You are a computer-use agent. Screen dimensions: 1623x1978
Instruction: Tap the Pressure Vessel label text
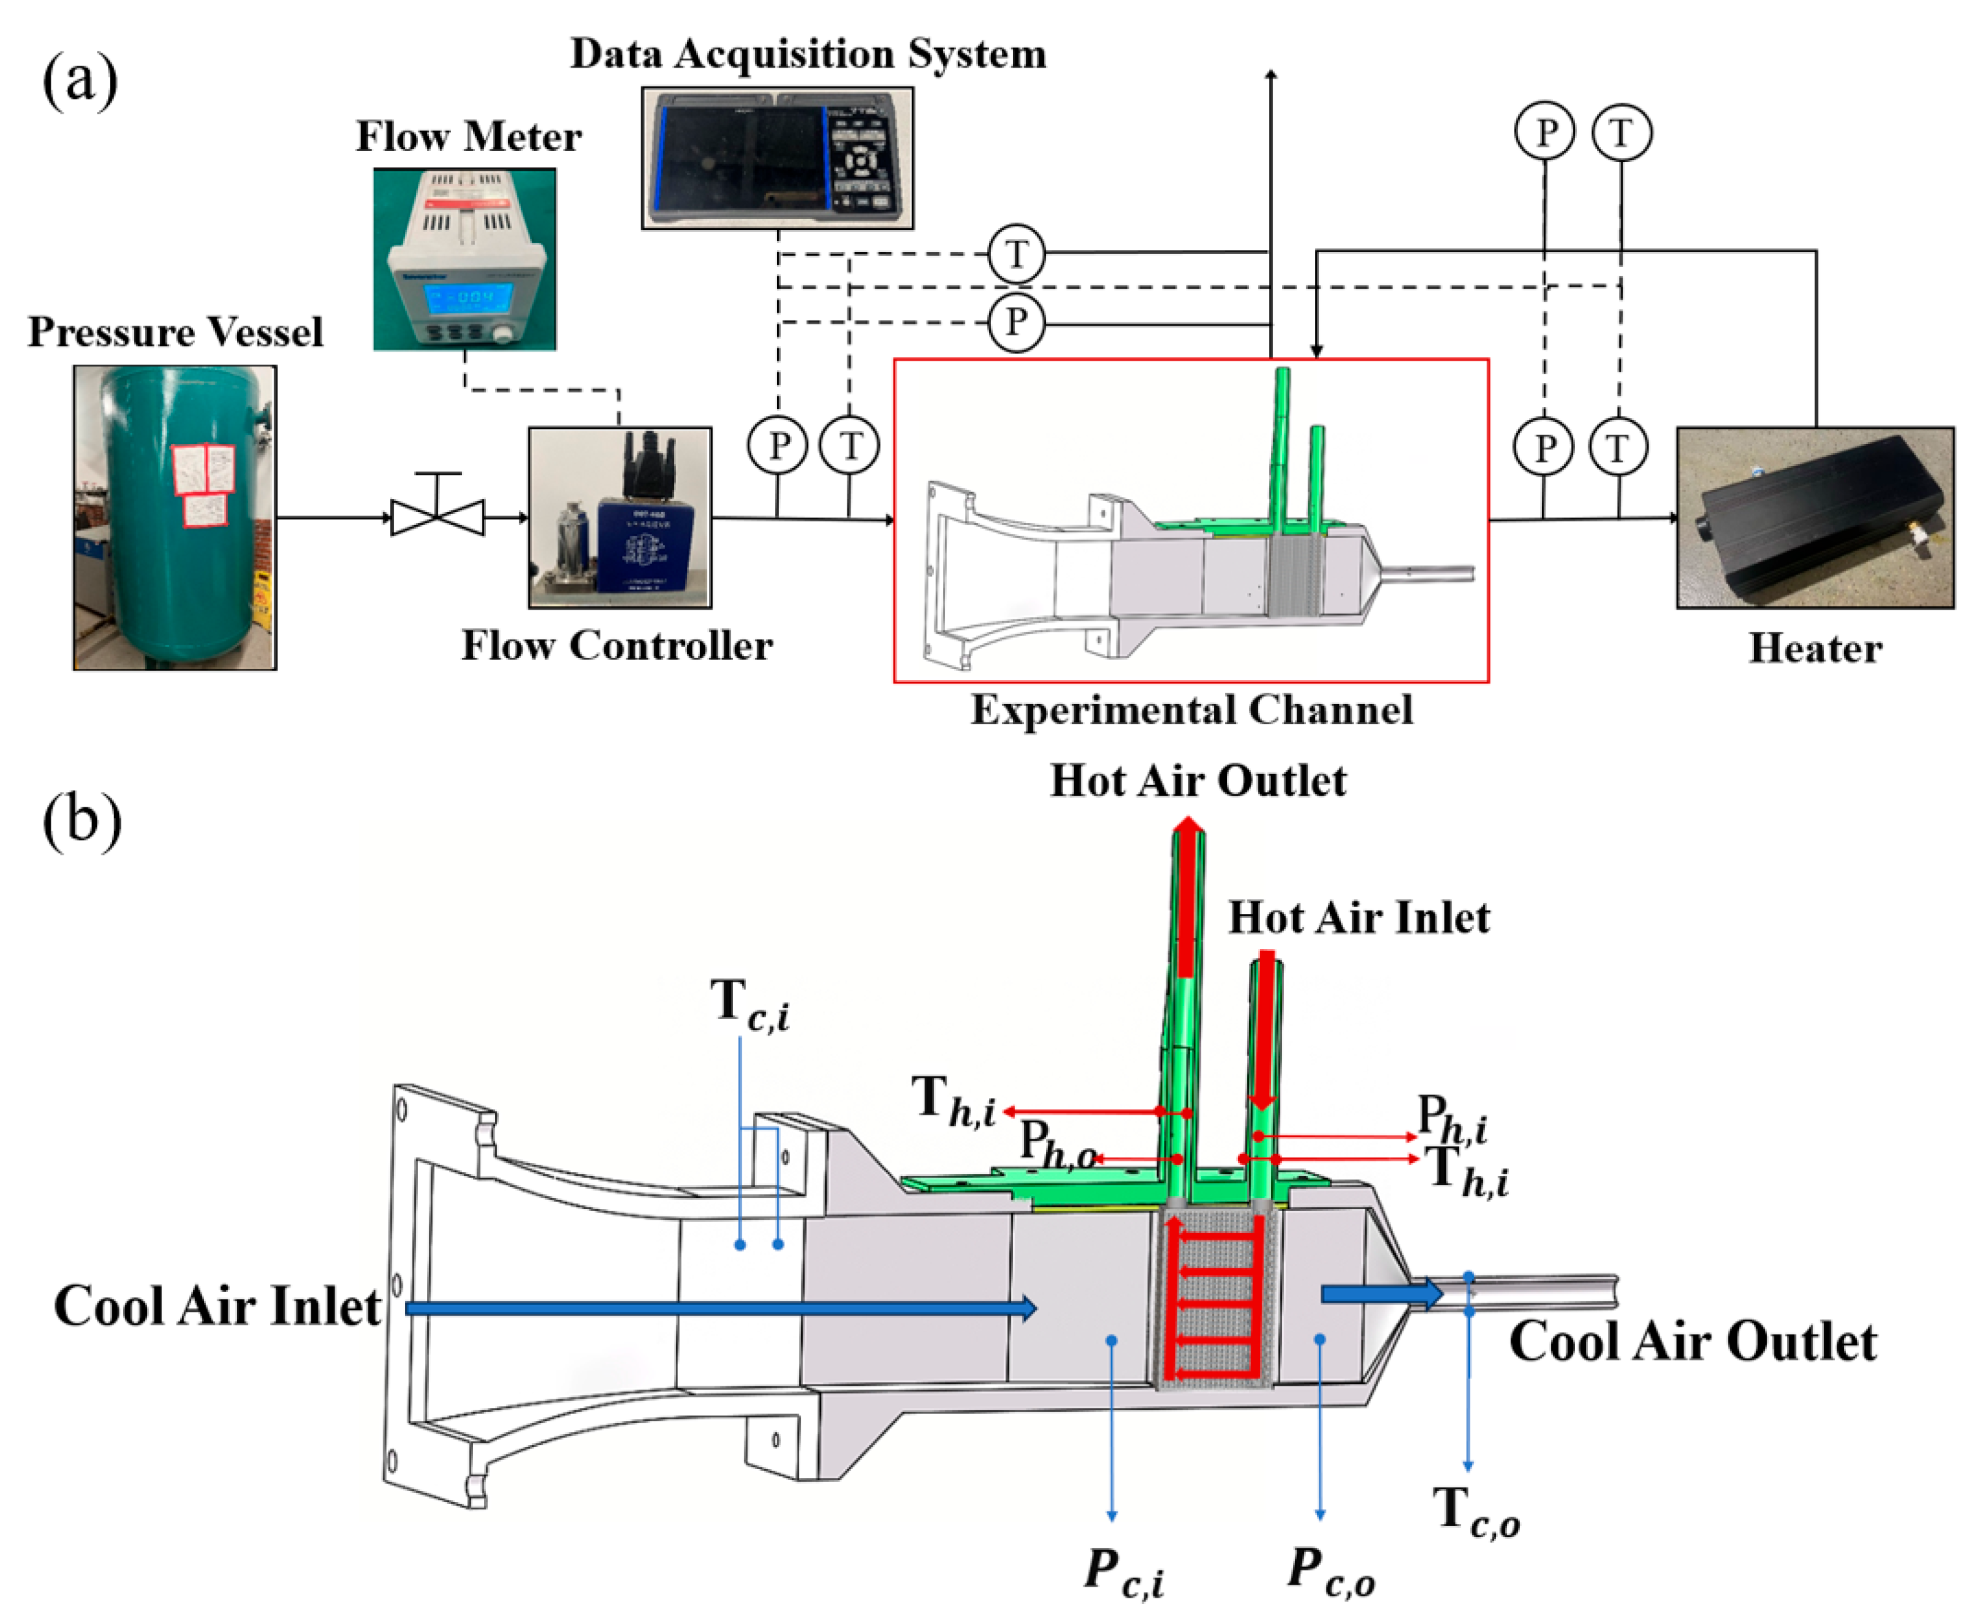tap(175, 332)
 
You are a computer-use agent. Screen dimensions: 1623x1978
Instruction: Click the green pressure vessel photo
tap(175, 517)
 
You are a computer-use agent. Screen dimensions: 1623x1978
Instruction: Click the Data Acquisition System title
tap(808, 54)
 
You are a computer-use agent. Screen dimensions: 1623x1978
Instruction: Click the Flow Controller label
tap(617, 645)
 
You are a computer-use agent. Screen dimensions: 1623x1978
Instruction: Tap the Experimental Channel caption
tap(1191, 710)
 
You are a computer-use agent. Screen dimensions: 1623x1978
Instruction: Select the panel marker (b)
tap(83, 820)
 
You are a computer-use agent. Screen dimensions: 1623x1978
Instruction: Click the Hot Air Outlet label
tap(1198, 781)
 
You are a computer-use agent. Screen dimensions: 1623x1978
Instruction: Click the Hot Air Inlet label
tap(1358, 917)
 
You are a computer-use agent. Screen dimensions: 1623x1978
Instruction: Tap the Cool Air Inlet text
tap(217, 1306)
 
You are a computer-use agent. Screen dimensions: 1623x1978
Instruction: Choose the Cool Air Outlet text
tap(1692, 1342)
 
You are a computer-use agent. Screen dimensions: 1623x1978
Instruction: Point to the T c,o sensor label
tap(1476, 1512)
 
